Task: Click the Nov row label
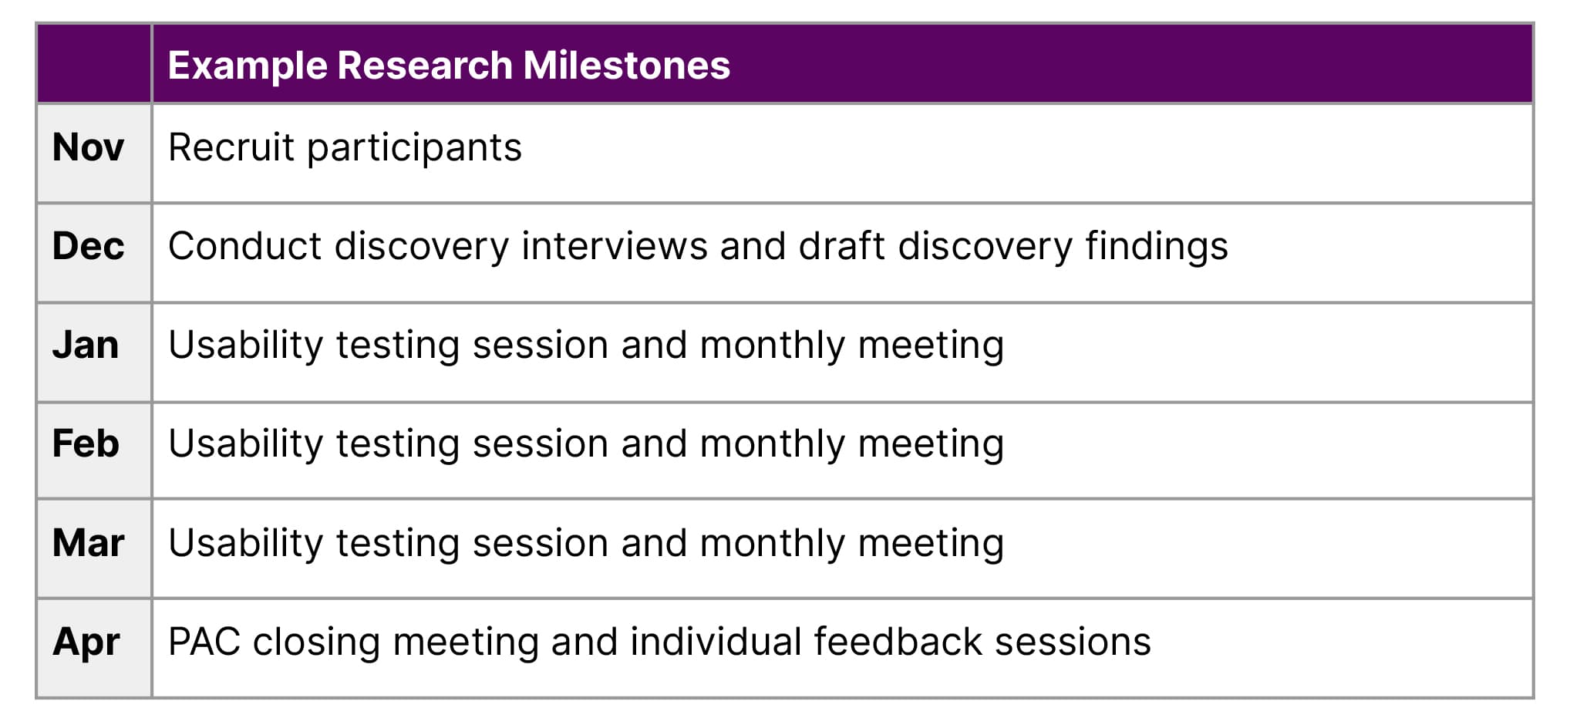pos(88,147)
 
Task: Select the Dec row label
pos(88,246)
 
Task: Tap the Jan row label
pos(86,345)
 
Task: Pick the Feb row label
pos(86,443)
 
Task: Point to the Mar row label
pos(88,542)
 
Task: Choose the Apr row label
pos(86,642)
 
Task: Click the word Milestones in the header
pos(626,65)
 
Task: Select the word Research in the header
pos(425,65)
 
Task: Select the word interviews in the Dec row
pos(615,246)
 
